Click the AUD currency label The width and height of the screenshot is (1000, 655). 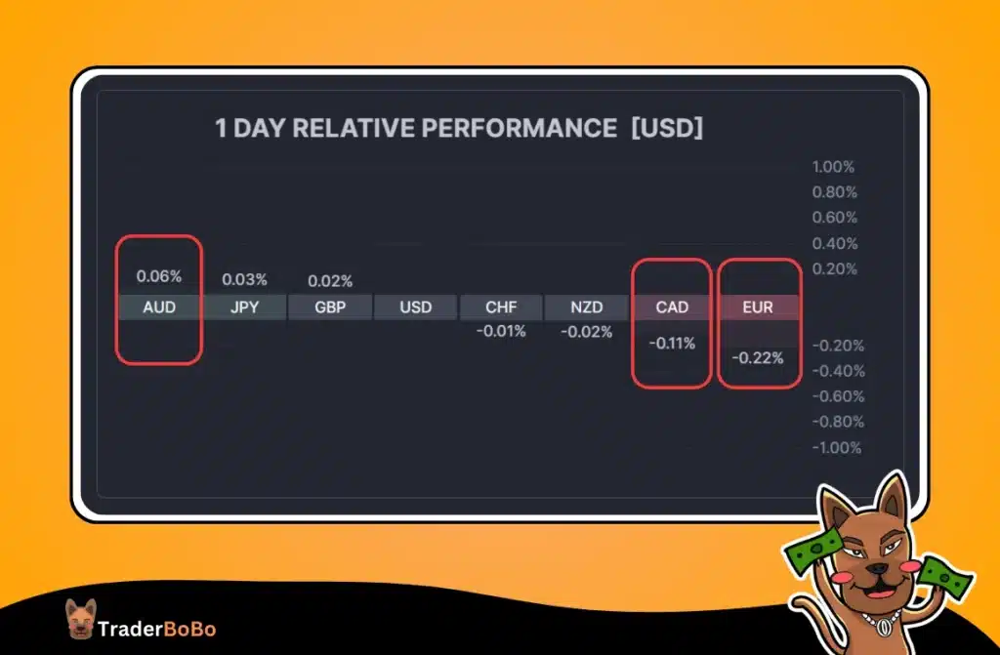(159, 307)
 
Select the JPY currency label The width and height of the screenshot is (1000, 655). (244, 307)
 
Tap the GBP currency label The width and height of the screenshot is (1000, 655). (330, 307)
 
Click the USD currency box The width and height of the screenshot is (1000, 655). (415, 307)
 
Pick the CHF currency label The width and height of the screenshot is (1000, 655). (501, 307)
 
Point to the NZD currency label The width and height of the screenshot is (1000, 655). (586, 307)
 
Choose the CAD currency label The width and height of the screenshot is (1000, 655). (672, 307)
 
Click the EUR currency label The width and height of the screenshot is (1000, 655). (758, 307)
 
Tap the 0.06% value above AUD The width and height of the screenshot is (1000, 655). (159, 276)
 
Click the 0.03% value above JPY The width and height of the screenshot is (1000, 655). (244, 280)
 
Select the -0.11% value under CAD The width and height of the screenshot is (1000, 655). (672, 344)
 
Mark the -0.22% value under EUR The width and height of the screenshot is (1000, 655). (758, 358)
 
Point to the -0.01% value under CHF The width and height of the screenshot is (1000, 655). (501, 332)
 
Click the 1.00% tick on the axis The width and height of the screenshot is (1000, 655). (834, 167)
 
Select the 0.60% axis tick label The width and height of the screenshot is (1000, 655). (834, 218)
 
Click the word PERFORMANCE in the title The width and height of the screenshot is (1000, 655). (507, 129)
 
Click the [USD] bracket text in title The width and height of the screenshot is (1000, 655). (667, 129)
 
